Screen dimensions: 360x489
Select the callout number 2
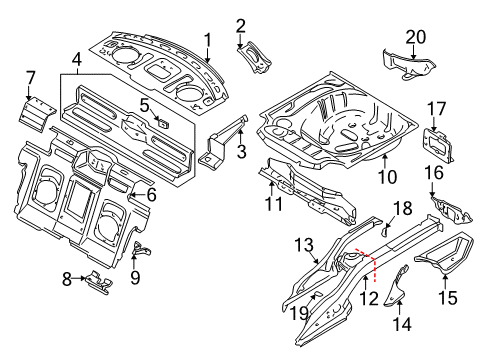(x=241, y=24)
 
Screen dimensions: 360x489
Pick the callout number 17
(x=437, y=108)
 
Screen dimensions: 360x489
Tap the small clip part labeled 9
(x=139, y=250)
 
